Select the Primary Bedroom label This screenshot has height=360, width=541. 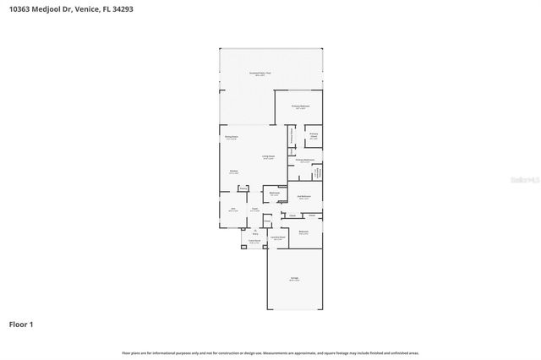(301, 106)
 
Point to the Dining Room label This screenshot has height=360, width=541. (231, 138)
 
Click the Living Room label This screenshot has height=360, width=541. (268, 157)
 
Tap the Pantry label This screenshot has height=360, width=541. (243, 188)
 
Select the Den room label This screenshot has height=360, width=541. (232, 210)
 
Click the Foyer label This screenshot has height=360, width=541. (254, 210)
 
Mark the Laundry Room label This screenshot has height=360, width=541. (276, 238)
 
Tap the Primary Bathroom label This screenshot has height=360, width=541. (304, 161)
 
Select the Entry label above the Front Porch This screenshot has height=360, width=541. (254, 232)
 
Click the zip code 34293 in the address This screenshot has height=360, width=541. (123, 9)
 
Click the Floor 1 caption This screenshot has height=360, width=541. (21, 324)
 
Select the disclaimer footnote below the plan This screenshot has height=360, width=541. (270, 352)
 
